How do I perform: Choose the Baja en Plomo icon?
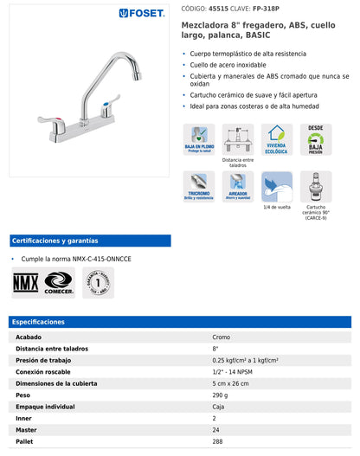click(x=198, y=138)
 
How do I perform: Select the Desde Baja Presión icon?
click(x=315, y=138)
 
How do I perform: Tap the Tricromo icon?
click(x=198, y=185)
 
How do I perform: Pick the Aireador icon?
click(x=238, y=185)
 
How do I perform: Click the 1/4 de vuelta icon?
click(x=277, y=185)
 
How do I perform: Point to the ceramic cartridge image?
click(x=315, y=185)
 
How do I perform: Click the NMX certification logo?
click(x=25, y=282)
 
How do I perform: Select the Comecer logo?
click(x=59, y=282)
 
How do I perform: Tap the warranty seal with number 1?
click(x=98, y=282)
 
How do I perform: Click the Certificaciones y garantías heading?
click(x=55, y=241)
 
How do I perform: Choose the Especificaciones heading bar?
click(x=180, y=322)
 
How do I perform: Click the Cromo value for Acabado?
click(x=222, y=337)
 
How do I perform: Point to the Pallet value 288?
click(x=218, y=442)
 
